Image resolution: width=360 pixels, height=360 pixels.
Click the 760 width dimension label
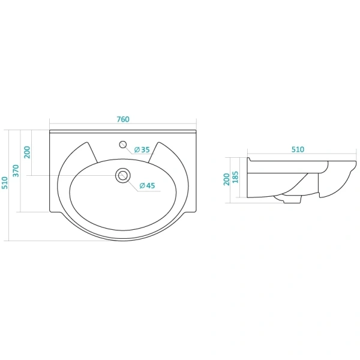[x=123, y=119]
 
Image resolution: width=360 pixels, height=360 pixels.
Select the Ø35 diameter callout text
[x=142, y=149]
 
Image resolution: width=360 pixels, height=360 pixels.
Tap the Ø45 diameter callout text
[x=147, y=185]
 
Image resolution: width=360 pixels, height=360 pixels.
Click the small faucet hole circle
[x=123, y=145]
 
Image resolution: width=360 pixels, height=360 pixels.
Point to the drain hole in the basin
[x=123, y=176]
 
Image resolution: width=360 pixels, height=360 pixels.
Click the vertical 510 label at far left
[x=5, y=183]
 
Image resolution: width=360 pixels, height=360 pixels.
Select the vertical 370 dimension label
[x=16, y=170]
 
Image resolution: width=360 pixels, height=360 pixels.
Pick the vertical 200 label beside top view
[x=27, y=152]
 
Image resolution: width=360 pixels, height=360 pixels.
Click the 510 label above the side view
[x=298, y=149]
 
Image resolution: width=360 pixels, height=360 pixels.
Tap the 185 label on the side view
[x=235, y=177]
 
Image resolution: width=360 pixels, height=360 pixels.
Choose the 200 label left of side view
[x=227, y=179]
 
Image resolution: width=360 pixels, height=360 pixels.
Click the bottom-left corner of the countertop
[x=50, y=211]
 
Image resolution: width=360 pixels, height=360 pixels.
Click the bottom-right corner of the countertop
[x=196, y=211]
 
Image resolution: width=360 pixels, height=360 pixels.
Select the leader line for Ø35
[x=138, y=149]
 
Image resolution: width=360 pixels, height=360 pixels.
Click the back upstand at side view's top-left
[x=249, y=160]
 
